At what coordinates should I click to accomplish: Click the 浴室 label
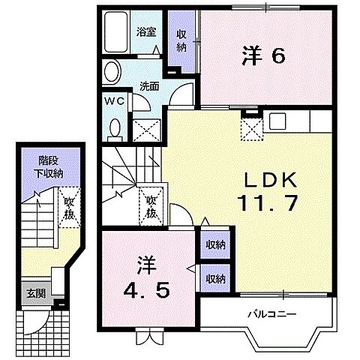pyautogui.click(x=145, y=32)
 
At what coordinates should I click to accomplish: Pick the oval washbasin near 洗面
pyautogui.click(x=112, y=72)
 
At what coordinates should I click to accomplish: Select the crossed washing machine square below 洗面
pyautogui.click(x=145, y=131)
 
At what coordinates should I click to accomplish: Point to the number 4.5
pyautogui.click(x=146, y=286)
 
